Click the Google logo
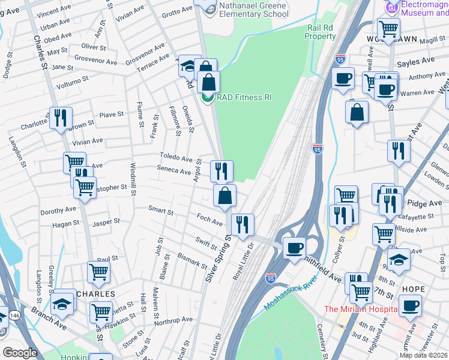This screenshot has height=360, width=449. click(20, 353)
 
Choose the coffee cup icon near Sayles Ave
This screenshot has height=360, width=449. click(343, 79)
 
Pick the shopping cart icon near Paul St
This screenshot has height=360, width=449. click(99, 272)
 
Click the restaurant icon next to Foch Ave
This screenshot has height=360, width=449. click(243, 224)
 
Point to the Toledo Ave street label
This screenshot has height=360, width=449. click(175, 157)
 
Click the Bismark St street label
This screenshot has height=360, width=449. click(193, 259)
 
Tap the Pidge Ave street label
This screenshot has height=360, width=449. click(428, 204)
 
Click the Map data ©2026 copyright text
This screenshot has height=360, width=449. click(423, 355)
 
